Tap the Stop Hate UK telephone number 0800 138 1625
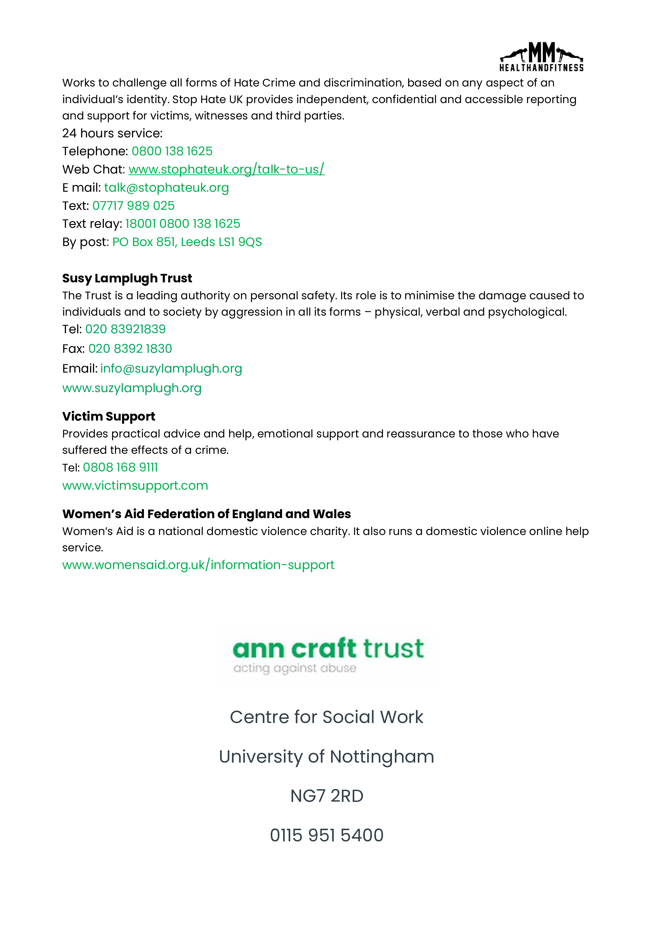point(172,151)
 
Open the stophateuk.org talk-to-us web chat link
point(226,169)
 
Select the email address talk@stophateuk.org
point(166,188)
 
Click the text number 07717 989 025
point(133,206)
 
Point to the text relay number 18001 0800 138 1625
point(182,224)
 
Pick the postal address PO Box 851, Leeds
point(187,242)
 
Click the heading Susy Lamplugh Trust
point(127,278)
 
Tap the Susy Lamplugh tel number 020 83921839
point(125,329)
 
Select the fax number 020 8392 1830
point(130,349)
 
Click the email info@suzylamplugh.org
point(171,369)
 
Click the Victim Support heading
point(108,416)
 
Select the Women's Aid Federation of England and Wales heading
point(206,514)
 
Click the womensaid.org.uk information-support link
point(198,565)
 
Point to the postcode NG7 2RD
point(327,796)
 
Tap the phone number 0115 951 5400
point(327,835)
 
